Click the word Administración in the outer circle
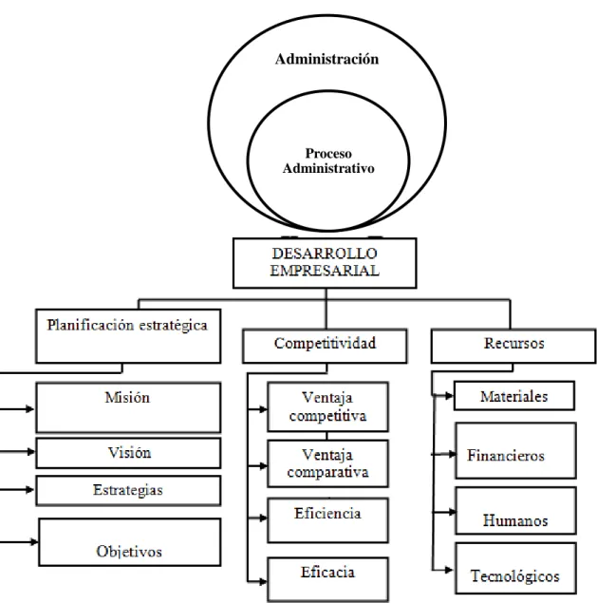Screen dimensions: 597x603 (326, 59)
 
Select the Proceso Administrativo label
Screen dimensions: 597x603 (328, 160)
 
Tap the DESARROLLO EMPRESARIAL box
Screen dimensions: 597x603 (325, 263)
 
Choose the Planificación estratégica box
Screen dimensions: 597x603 (128, 336)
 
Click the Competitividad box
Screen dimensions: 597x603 (325, 346)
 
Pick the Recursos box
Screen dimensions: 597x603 (513, 346)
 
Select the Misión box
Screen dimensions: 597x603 (128, 407)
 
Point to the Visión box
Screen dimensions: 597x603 (128, 453)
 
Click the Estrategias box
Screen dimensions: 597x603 (128, 491)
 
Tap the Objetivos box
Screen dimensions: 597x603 (130, 542)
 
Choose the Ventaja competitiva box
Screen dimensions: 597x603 (327, 406)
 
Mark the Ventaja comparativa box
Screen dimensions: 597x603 (327, 463)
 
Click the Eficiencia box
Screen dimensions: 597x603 (327, 520)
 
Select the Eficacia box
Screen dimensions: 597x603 (327, 579)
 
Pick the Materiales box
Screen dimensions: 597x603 (514, 396)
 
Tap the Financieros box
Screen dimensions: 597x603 (516, 451)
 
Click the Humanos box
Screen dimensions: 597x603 (516, 511)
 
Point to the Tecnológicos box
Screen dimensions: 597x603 (516, 568)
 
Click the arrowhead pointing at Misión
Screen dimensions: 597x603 (30, 408)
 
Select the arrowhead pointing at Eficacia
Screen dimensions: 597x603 (263, 581)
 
